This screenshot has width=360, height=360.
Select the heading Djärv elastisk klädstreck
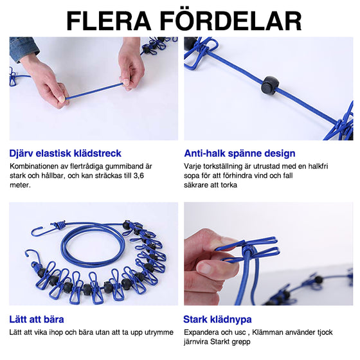[x=66, y=154]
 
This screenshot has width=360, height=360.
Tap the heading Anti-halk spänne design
[x=240, y=154]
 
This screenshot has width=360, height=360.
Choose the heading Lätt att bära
[x=37, y=319]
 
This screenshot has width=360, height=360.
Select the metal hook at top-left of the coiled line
[x=39, y=232]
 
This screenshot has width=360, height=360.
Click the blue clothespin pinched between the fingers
[x=257, y=253]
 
